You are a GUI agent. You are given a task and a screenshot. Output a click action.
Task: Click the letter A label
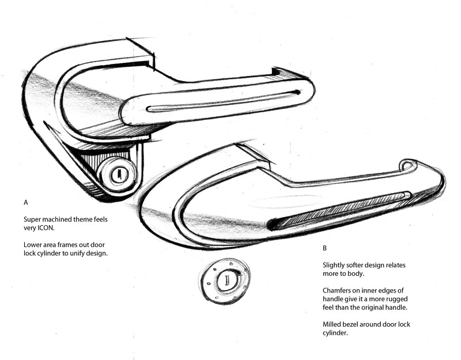(x=25, y=203)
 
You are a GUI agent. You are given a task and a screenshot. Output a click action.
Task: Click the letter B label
(x=324, y=248)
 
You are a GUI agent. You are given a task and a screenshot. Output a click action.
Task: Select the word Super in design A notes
(x=33, y=219)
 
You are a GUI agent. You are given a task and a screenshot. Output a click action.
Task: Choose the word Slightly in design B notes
(x=335, y=264)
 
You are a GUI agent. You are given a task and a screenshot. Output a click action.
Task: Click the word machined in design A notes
(x=62, y=219)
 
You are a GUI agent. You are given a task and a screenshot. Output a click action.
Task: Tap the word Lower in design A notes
(x=33, y=245)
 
